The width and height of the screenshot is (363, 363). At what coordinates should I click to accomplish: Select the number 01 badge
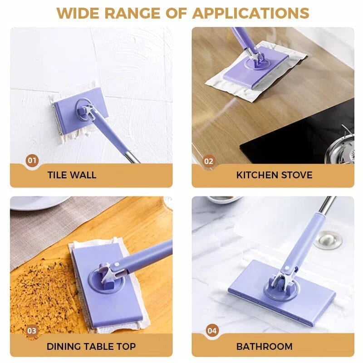(x=32, y=160)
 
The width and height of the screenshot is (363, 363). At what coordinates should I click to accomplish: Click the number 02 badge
(x=209, y=160)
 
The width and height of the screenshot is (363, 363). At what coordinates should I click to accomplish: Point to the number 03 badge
(x=32, y=330)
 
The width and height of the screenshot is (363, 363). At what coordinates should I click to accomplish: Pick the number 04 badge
(x=212, y=330)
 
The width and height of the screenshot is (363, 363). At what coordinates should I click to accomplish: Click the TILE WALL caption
(x=72, y=175)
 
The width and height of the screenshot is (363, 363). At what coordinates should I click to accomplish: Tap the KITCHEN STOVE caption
(x=274, y=175)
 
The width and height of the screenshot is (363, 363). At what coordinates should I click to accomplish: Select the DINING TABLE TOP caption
(x=91, y=346)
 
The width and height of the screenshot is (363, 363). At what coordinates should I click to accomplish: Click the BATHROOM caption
(x=264, y=346)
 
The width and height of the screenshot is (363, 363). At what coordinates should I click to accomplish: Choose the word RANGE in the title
(x=137, y=13)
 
